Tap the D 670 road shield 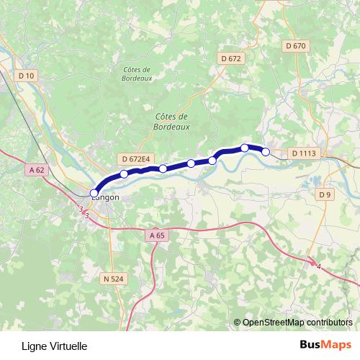tap(296, 45)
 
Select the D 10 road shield tap(27, 75)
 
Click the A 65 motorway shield tap(158, 235)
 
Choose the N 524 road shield tap(114, 278)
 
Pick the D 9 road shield tap(325, 194)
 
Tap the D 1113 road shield tap(303, 153)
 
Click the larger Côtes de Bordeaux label tap(171, 121)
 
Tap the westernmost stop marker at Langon tap(94, 193)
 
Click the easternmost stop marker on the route tap(266, 151)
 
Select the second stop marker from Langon tap(124, 174)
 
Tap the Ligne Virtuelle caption tap(55, 346)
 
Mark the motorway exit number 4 tap(317, 267)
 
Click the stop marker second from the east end tap(245, 148)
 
